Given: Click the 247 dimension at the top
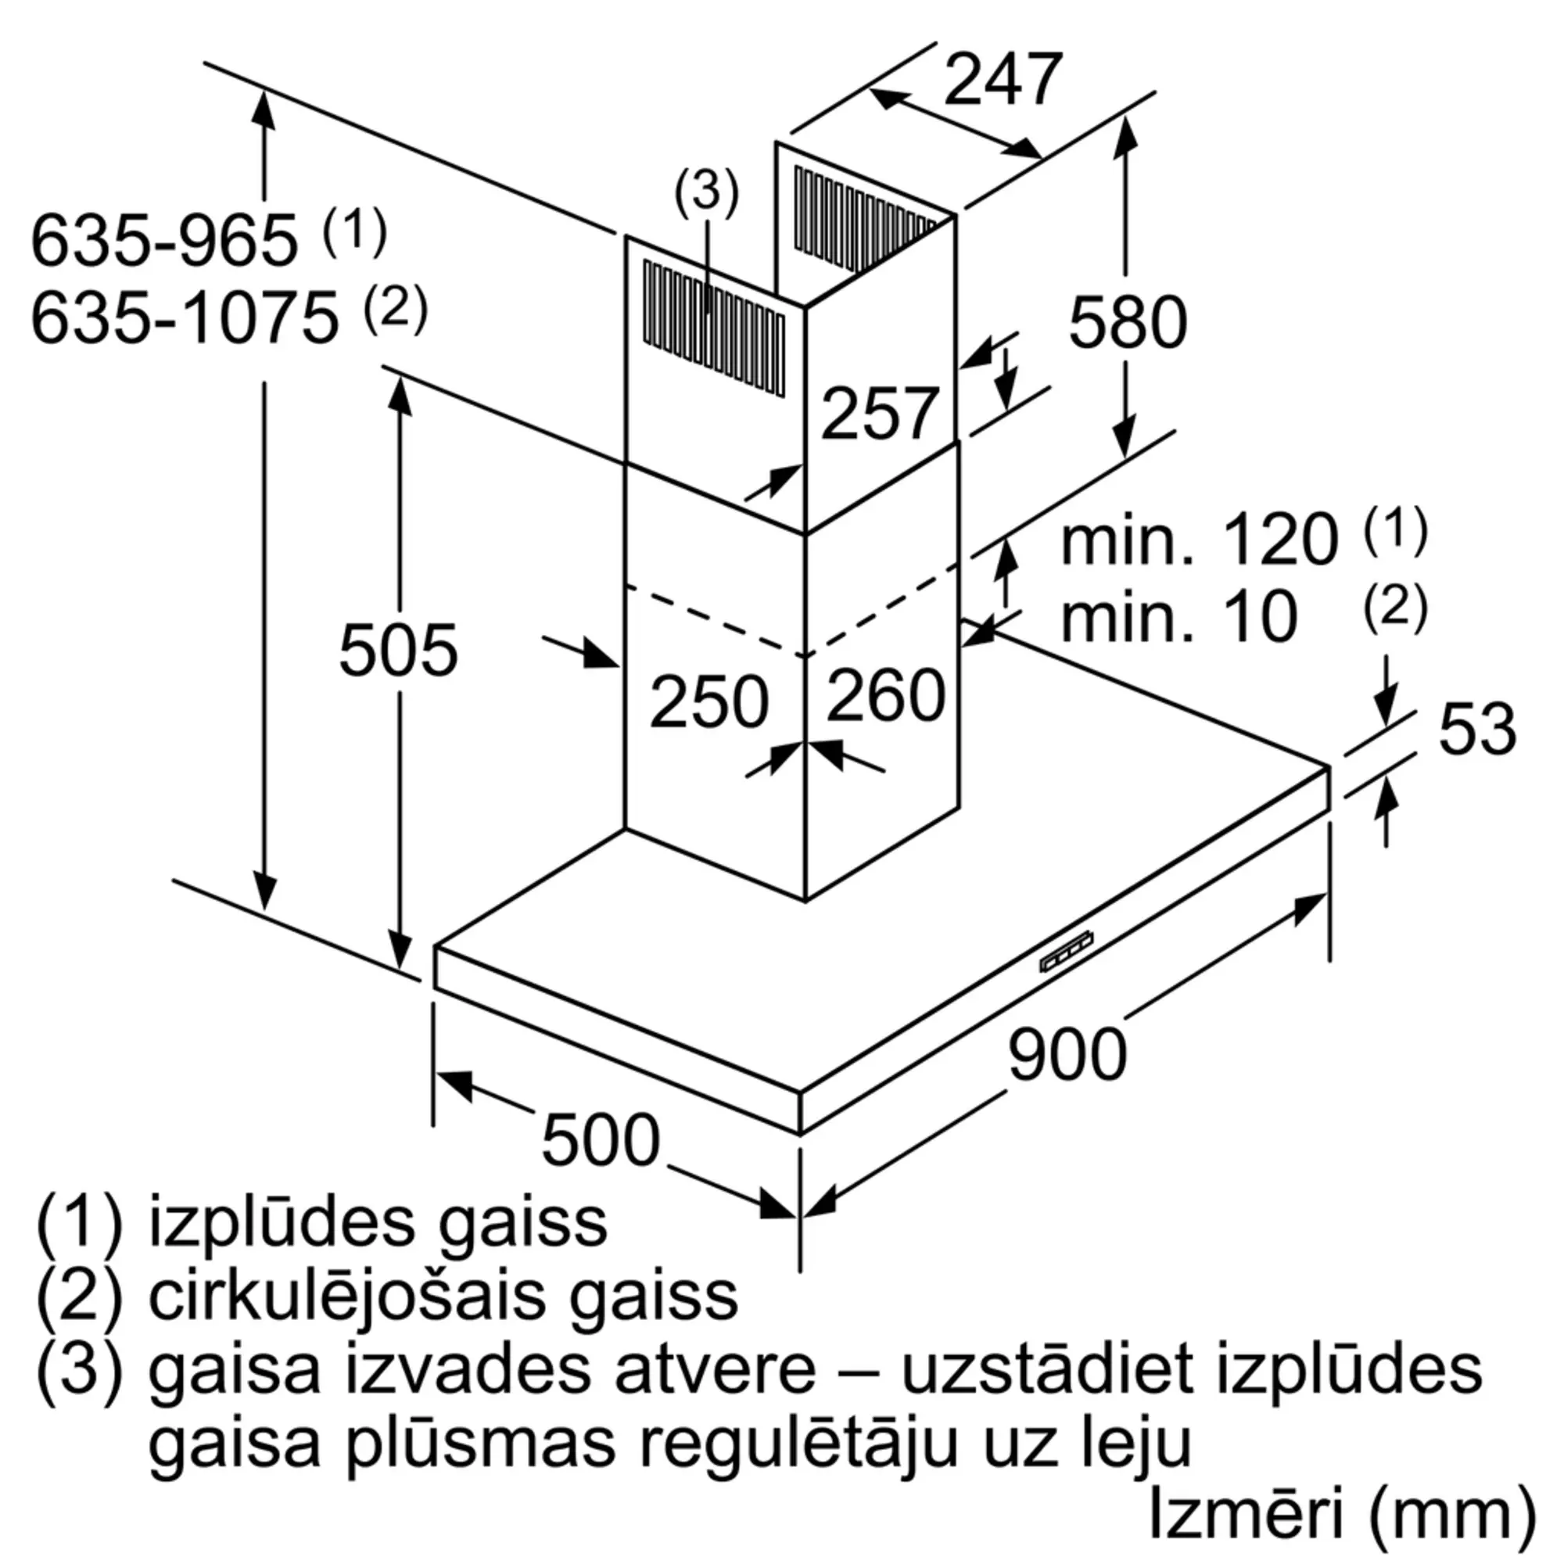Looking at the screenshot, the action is coord(1003,79).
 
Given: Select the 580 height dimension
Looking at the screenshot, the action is coord(1128,322).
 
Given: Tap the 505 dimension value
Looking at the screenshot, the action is coord(398,649).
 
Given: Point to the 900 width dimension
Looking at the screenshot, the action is coord(1067,1053).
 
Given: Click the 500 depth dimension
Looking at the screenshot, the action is coord(601,1140).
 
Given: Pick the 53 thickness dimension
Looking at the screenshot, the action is coord(1476,729).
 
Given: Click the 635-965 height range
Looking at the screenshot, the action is coord(164,239).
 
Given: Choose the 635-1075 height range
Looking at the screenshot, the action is coord(185,317).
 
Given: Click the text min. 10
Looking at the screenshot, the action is coord(1179,617).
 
